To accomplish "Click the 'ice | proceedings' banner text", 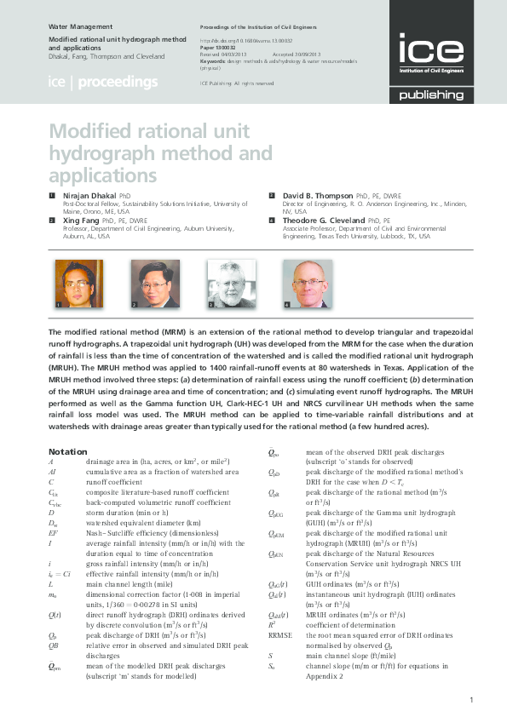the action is click(103, 83).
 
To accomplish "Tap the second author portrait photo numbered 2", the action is click(154, 284).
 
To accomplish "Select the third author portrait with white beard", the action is click(232, 284).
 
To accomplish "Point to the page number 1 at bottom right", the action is click(471, 700).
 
